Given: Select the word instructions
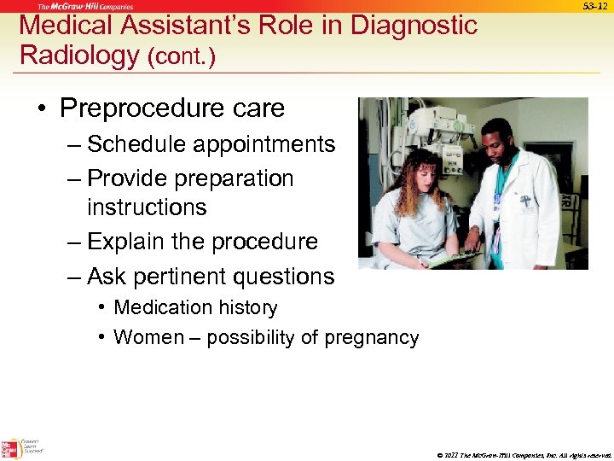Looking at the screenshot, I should point(147,207).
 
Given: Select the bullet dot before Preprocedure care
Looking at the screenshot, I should point(41,109).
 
